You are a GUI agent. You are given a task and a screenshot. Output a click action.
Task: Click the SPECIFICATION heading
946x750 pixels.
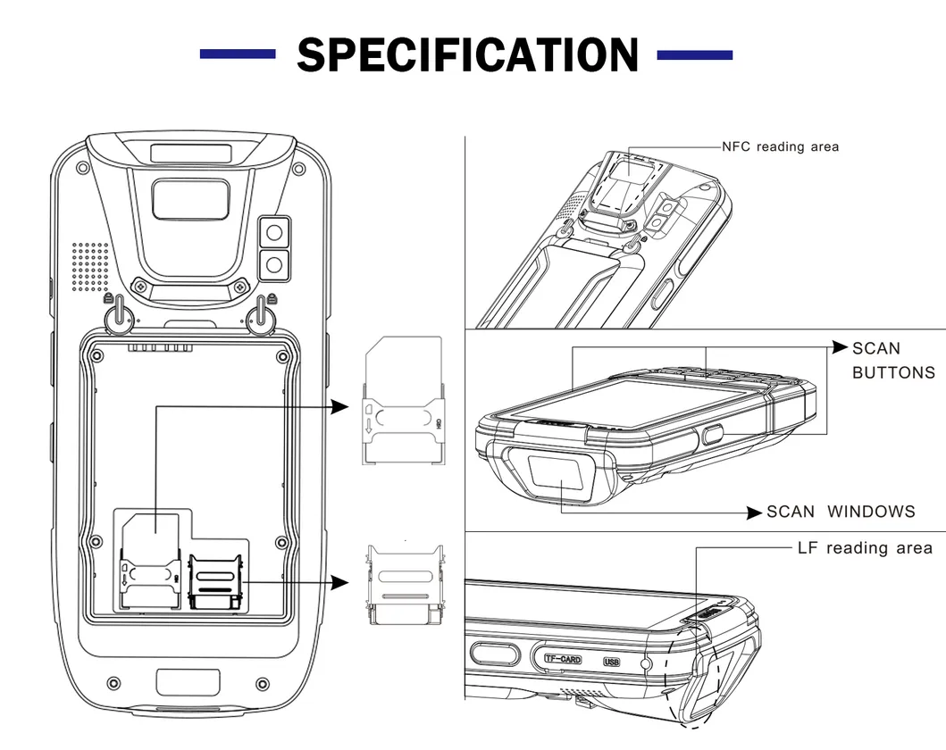pyautogui.click(x=467, y=55)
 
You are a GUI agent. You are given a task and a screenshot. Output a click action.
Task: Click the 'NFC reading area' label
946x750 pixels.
pyautogui.click(x=780, y=146)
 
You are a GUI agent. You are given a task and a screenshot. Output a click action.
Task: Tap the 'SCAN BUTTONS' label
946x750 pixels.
pyautogui.click(x=892, y=360)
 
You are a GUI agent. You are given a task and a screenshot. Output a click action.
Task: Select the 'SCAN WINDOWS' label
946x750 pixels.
pyautogui.click(x=841, y=512)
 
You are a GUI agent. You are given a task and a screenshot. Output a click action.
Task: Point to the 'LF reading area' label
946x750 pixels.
pyautogui.click(x=864, y=547)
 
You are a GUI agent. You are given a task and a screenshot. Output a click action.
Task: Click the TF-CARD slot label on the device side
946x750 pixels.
pyautogui.click(x=563, y=660)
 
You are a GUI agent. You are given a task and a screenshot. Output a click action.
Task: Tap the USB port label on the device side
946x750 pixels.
pyautogui.click(x=611, y=662)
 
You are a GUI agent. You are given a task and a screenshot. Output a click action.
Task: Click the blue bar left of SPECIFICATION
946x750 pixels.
pyautogui.click(x=237, y=55)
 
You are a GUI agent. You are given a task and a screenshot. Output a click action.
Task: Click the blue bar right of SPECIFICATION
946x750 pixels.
pyautogui.click(x=694, y=55)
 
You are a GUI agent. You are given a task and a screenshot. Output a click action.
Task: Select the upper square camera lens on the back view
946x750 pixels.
pyautogui.click(x=274, y=233)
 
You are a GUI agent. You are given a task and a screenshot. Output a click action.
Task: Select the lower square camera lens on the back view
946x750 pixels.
pyautogui.click(x=274, y=264)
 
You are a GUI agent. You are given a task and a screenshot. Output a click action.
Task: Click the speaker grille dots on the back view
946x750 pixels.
pyautogui.click(x=88, y=265)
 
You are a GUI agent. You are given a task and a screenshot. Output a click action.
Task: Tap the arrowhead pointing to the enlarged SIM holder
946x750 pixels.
pyautogui.click(x=339, y=406)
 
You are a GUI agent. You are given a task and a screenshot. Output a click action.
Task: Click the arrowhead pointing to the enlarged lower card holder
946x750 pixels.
pyautogui.click(x=339, y=583)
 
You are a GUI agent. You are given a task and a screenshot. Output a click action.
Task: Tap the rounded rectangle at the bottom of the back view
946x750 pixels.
pyautogui.click(x=188, y=683)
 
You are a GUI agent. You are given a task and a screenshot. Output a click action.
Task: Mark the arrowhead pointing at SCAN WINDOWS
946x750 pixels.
pyautogui.click(x=755, y=512)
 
